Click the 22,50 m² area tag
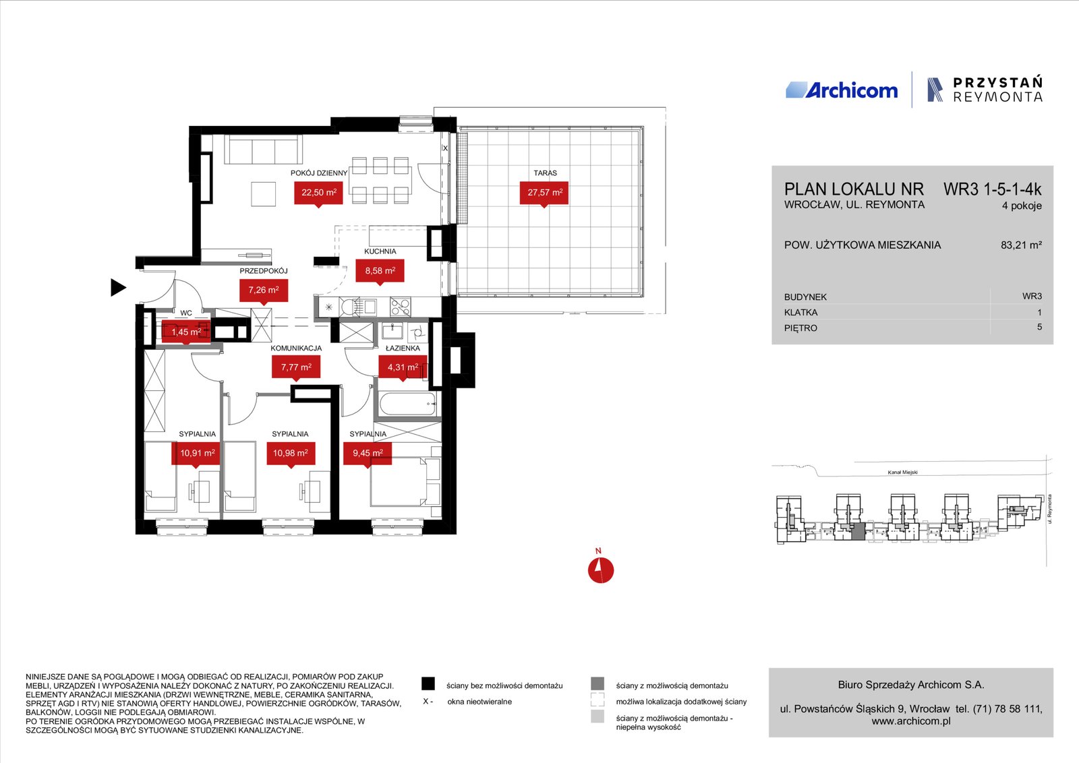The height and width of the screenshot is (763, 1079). click(x=318, y=193)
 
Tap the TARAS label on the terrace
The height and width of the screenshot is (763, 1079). click(x=545, y=173)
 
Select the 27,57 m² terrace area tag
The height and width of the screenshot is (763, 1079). click(x=544, y=193)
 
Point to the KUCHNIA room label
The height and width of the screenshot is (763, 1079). click(x=380, y=251)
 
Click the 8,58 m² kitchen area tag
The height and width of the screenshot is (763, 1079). click(x=380, y=271)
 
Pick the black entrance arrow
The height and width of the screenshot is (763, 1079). click(x=119, y=287)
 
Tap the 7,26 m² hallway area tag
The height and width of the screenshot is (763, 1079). click(x=264, y=291)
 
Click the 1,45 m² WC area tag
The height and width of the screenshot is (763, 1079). click(x=186, y=332)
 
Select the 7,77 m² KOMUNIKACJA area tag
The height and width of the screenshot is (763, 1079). click(x=296, y=367)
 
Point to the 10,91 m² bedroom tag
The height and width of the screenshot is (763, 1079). click(x=196, y=454)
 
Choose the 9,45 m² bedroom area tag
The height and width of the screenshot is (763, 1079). click(x=368, y=454)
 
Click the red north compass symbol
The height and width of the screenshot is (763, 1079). click(x=601, y=570)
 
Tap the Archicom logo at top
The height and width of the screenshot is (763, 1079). click(x=842, y=90)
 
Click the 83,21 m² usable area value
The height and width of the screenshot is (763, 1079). click(x=1021, y=245)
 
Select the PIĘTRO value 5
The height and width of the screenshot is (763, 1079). click(x=1039, y=327)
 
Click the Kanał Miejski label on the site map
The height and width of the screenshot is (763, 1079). click(x=903, y=472)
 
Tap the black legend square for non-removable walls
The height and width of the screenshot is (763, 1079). click(x=428, y=684)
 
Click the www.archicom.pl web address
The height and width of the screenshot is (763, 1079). click(x=911, y=721)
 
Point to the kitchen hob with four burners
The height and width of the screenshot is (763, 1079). click(x=400, y=307)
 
